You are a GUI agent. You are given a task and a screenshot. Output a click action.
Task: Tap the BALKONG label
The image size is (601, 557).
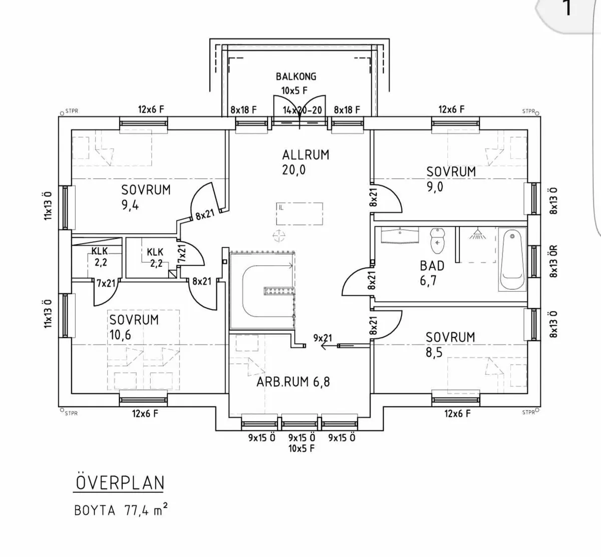point(296,77)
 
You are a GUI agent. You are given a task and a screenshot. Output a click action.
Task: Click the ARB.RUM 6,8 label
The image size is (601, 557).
point(293,382)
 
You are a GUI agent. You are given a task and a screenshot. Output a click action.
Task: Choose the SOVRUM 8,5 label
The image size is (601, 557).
point(450,344)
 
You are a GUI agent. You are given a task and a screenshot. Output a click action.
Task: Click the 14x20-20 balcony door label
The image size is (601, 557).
point(302,110)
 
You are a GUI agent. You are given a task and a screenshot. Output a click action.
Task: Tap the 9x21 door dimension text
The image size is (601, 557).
point(323,338)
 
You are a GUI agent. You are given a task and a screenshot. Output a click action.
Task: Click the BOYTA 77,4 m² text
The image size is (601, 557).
point(120,510)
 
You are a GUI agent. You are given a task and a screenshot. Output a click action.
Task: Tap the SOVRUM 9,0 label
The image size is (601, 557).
point(451,179)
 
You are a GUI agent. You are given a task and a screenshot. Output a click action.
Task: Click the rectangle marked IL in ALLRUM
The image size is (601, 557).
point(299,213)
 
